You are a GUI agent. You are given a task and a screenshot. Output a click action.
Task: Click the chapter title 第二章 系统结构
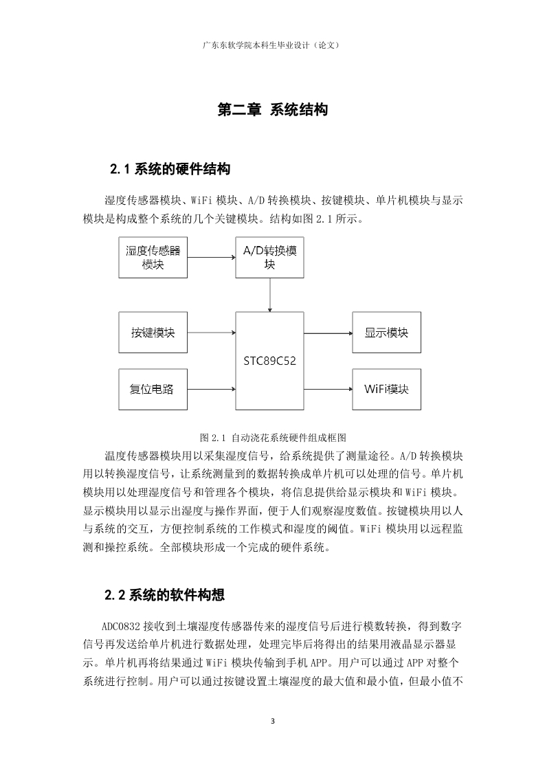pos(272,110)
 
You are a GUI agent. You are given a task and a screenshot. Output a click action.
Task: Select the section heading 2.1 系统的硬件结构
pos(170,170)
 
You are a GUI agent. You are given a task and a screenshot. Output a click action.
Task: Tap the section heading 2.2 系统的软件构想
pos(165,596)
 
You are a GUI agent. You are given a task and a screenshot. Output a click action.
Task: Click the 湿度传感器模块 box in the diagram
pos(153,257)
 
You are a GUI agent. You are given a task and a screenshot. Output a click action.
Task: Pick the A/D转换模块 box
pos(269,257)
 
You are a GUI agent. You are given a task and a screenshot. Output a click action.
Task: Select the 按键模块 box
pos(153,333)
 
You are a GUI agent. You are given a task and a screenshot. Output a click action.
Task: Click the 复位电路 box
pos(153,389)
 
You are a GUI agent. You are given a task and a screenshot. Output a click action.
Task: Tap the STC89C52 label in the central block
pos(269,361)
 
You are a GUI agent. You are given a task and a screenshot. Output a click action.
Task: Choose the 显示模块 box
pos(387,333)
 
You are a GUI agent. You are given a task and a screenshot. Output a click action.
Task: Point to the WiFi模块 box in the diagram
pos(387,389)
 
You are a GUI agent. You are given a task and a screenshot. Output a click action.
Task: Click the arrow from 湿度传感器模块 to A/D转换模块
pos(212,257)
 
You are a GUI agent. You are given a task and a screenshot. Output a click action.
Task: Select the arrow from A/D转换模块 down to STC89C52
pos(269,295)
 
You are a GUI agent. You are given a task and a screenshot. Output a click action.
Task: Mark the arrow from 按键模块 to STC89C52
pos(212,333)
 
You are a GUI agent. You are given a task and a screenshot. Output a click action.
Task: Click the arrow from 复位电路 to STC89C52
pos(212,390)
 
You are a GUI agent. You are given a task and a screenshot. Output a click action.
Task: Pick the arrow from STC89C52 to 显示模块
pos(328,333)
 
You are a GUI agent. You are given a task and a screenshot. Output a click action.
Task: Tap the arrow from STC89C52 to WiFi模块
pos(328,390)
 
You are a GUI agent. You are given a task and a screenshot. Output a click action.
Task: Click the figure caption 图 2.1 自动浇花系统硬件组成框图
pos(273,437)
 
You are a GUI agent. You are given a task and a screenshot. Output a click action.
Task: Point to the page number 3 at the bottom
pos(273,722)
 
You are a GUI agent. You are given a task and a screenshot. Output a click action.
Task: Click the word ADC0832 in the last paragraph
pos(121,627)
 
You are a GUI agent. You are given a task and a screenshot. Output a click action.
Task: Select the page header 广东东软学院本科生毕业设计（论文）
pos(271,45)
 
